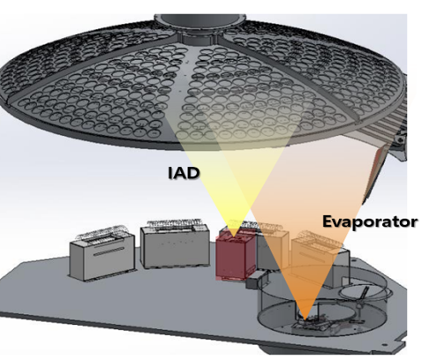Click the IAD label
pos(184,173)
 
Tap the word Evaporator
pos(370,221)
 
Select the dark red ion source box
pos(236,255)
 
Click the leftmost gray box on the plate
pos(102,255)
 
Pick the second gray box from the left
pos(176,245)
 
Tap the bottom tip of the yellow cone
pos(233,236)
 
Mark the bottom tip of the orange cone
pos(305,319)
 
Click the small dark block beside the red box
pos(252,283)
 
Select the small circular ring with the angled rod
pos(365,295)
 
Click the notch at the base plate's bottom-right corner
pos(401,344)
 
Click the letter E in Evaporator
pos(327,221)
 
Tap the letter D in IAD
pos(193,173)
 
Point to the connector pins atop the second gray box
pos(175,223)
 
